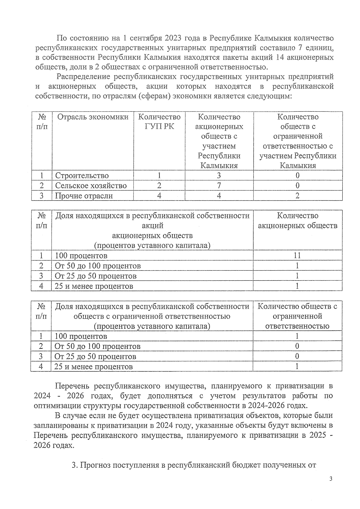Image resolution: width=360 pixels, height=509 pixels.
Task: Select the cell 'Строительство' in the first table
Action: (82, 176)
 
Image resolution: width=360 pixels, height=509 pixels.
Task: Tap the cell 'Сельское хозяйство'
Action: (91, 186)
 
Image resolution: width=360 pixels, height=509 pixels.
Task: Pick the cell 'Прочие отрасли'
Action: (84, 196)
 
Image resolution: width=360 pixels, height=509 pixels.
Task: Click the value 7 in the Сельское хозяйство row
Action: (219, 186)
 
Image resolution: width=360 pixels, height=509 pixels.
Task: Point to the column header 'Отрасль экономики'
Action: (93, 117)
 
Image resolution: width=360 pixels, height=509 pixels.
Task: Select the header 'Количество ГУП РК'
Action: (159, 121)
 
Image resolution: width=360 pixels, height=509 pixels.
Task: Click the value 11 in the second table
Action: (297, 255)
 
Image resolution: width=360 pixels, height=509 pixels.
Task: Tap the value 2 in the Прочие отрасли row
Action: (297, 196)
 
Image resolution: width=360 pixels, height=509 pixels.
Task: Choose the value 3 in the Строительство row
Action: (219, 176)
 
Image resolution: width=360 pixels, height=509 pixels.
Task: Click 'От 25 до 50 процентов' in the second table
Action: (95, 276)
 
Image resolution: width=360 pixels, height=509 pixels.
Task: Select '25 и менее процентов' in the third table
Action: (93, 367)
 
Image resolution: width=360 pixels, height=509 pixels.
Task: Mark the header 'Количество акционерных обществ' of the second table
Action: (298, 220)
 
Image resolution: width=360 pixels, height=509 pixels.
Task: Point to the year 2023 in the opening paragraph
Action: (172, 38)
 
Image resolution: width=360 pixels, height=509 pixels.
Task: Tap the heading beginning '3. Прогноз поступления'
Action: (194, 465)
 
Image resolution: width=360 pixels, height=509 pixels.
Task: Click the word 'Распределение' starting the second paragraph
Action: (83, 77)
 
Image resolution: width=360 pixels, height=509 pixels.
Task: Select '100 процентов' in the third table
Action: (81, 336)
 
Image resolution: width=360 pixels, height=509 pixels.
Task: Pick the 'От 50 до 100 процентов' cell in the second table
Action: (97, 266)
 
